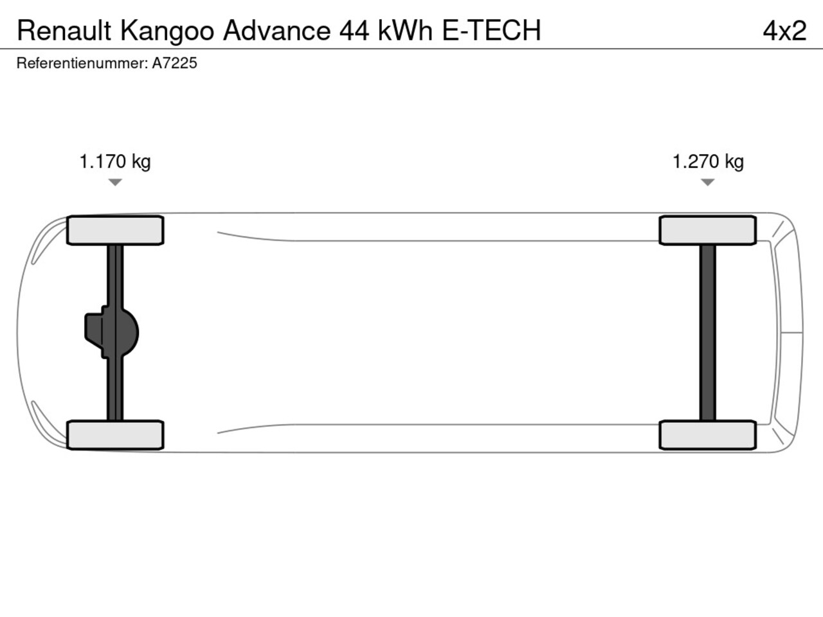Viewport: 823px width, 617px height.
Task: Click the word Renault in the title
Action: (x=64, y=30)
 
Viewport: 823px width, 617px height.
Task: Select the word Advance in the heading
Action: (x=276, y=30)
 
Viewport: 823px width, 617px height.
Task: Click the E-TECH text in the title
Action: (x=491, y=30)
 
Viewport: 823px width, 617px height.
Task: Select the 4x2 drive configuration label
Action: (x=784, y=30)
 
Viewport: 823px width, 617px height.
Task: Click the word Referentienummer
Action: (x=82, y=63)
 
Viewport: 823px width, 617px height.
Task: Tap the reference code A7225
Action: (x=174, y=63)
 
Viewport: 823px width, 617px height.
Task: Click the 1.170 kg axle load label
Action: (x=115, y=161)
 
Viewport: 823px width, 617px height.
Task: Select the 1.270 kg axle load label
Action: (x=708, y=161)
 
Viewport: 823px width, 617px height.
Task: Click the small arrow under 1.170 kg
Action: (x=115, y=183)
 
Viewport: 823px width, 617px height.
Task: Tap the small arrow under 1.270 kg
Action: (x=708, y=183)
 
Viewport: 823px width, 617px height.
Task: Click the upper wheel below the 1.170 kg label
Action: (x=115, y=230)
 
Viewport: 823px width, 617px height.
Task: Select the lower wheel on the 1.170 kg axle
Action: (x=115, y=435)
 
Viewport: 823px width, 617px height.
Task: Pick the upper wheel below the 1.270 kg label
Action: (x=708, y=230)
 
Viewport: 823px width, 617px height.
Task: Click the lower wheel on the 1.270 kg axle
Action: (x=708, y=435)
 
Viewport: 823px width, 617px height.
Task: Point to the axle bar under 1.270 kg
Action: (x=708, y=332)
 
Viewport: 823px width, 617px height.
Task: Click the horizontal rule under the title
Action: (x=411, y=49)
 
